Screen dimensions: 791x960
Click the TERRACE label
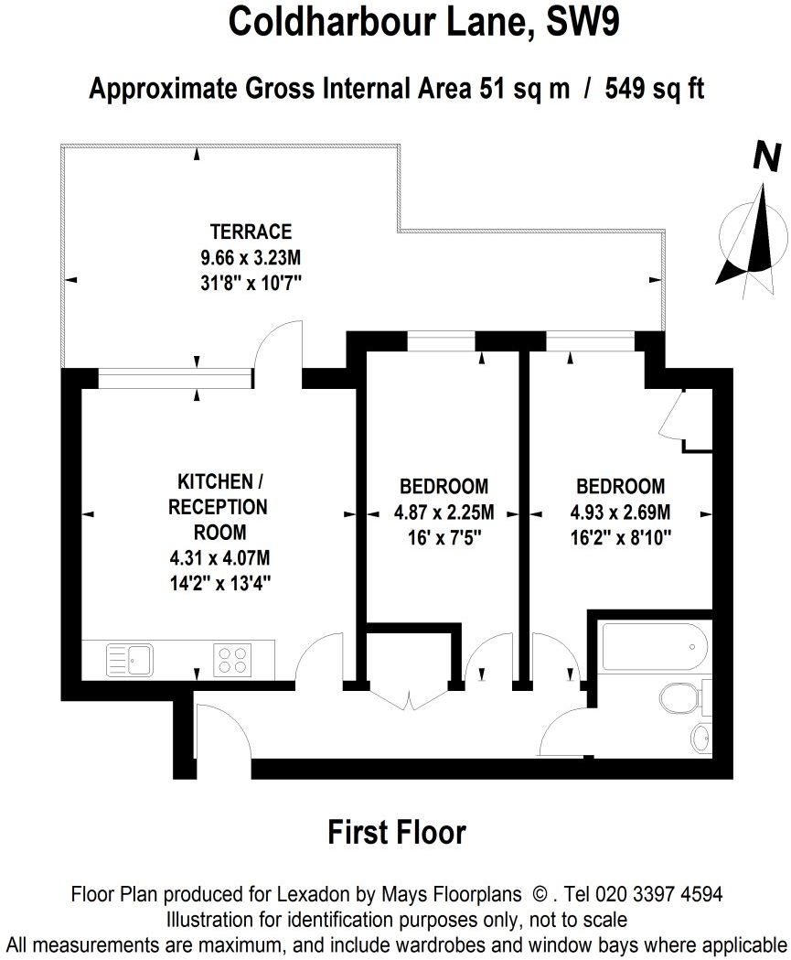pyautogui.click(x=251, y=232)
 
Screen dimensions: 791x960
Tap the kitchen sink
pyautogui.click(x=130, y=660)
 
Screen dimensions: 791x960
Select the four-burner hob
pyautogui.click(x=232, y=660)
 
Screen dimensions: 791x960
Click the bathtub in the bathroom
pyautogui.click(x=655, y=647)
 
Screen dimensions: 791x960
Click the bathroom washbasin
pyautogui.click(x=701, y=738)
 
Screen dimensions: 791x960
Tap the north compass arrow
pyautogui.click(x=753, y=238)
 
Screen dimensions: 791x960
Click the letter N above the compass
pyautogui.click(x=767, y=156)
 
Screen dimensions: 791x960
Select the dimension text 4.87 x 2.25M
pyautogui.click(x=444, y=512)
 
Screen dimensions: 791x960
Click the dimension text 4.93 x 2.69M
pyautogui.click(x=620, y=512)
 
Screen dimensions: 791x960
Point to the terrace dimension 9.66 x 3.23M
pyautogui.click(x=251, y=257)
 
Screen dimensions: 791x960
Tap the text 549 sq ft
pyautogui.click(x=655, y=89)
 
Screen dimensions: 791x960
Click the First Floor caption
pyautogui.click(x=397, y=833)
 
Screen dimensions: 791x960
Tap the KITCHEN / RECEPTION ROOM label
pyautogui.click(x=219, y=507)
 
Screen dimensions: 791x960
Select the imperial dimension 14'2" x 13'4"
pyautogui.click(x=220, y=584)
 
